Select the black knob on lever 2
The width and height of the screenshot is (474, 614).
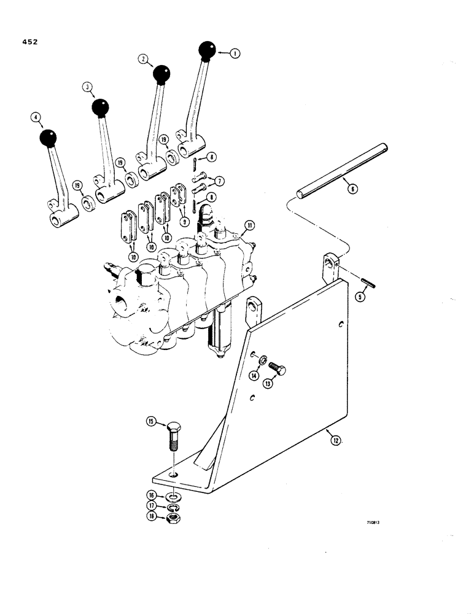[161, 74]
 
